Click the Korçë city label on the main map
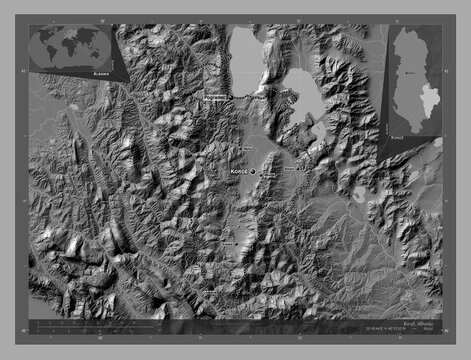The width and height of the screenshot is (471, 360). pos(234,172)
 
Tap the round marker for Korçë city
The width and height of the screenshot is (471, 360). pos(252,171)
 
